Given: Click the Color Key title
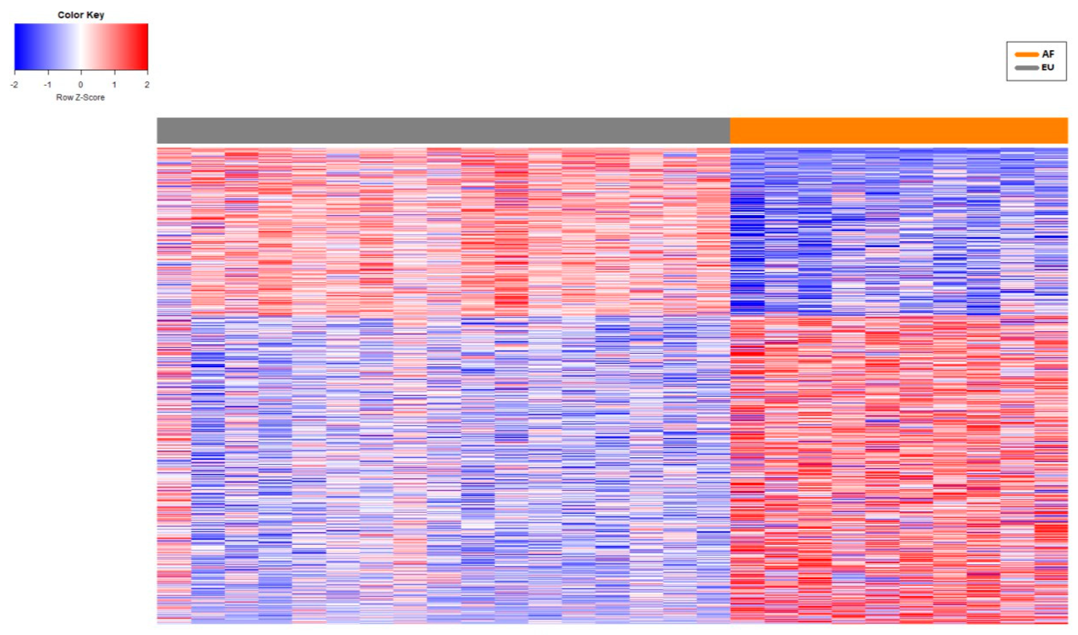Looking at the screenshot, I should point(81,15).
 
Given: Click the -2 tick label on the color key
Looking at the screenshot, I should point(15,85).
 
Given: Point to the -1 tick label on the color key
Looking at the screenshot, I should point(47,85).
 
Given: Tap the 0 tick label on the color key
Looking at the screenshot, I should point(80,85).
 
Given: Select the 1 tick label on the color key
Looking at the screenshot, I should point(114,85).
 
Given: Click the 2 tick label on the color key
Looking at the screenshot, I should point(147,85).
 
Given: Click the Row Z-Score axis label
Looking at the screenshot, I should point(80,98).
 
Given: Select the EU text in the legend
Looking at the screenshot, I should point(1048,67).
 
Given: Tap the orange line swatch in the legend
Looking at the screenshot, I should point(1026,54).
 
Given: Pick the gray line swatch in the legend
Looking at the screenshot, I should point(1026,68).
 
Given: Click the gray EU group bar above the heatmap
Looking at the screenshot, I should point(443,131).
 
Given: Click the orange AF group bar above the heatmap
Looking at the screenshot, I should point(898,131).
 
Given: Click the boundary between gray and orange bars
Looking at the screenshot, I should point(730,131).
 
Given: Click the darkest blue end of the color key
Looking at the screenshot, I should point(17,46).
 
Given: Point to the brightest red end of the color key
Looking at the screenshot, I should point(146,46).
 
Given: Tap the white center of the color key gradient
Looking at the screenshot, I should point(80,46).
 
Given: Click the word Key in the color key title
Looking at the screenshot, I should point(95,15).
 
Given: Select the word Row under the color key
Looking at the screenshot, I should point(64,98).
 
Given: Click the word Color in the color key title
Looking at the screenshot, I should point(71,15).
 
